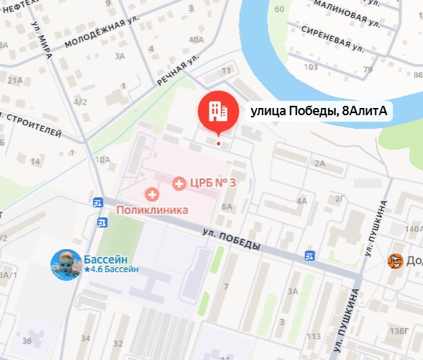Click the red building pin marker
click(x=217, y=111)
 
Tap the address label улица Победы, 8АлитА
click(x=319, y=111)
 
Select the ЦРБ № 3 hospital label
click(x=214, y=183)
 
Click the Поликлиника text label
click(x=158, y=210)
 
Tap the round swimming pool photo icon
click(x=65, y=265)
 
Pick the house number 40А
click(x=195, y=40)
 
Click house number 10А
click(x=103, y=159)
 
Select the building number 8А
click(x=228, y=207)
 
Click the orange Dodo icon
click(x=395, y=261)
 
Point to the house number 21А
click(x=14, y=80)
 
